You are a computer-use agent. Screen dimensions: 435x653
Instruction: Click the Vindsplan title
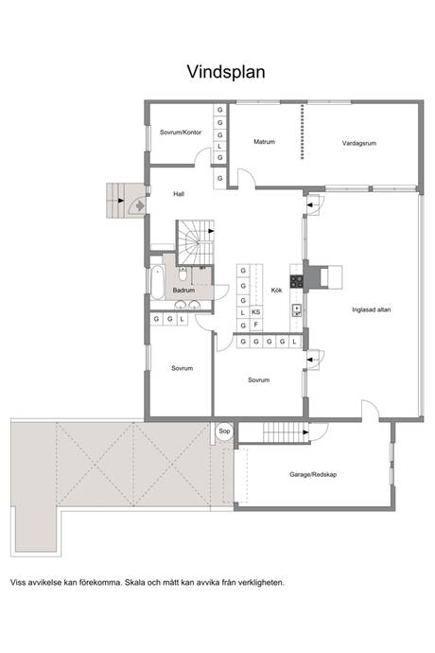[x=226, y=72]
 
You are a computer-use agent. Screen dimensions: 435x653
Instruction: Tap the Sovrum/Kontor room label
[x=181, y=132]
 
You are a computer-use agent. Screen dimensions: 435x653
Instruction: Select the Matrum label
[x=265, y=142]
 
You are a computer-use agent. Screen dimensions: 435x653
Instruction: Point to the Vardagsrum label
[x=358, y=143]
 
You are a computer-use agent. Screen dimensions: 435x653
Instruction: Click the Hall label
[x=179, y=194]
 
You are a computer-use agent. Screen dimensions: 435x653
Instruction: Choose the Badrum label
[x=183, y=290]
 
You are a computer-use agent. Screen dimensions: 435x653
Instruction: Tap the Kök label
[x=276, y=290]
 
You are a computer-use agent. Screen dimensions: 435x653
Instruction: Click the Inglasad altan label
[x=372, y=309]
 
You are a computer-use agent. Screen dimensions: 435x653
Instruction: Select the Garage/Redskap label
[x=313, y=474]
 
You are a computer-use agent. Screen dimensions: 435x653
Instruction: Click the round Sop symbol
[x=224, y=431]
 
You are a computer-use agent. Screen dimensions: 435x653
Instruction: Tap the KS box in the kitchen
[x=255, y=312]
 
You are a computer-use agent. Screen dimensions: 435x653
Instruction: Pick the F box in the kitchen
[x=255, y=325]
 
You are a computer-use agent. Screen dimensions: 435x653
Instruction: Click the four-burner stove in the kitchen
[x=296, y=281]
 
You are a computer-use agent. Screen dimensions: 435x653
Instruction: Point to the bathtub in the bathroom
[x=157, y=283]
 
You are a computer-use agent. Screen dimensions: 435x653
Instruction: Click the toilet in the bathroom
[x=183, y=274]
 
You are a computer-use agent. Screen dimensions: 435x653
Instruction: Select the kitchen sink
[x=297, y=310]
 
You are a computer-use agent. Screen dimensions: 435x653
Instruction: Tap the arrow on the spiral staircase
[x=211, y=231]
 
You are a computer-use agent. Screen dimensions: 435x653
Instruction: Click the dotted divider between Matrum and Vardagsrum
[x=303, y=132]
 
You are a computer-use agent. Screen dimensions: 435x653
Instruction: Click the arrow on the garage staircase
[x=306, y=432]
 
